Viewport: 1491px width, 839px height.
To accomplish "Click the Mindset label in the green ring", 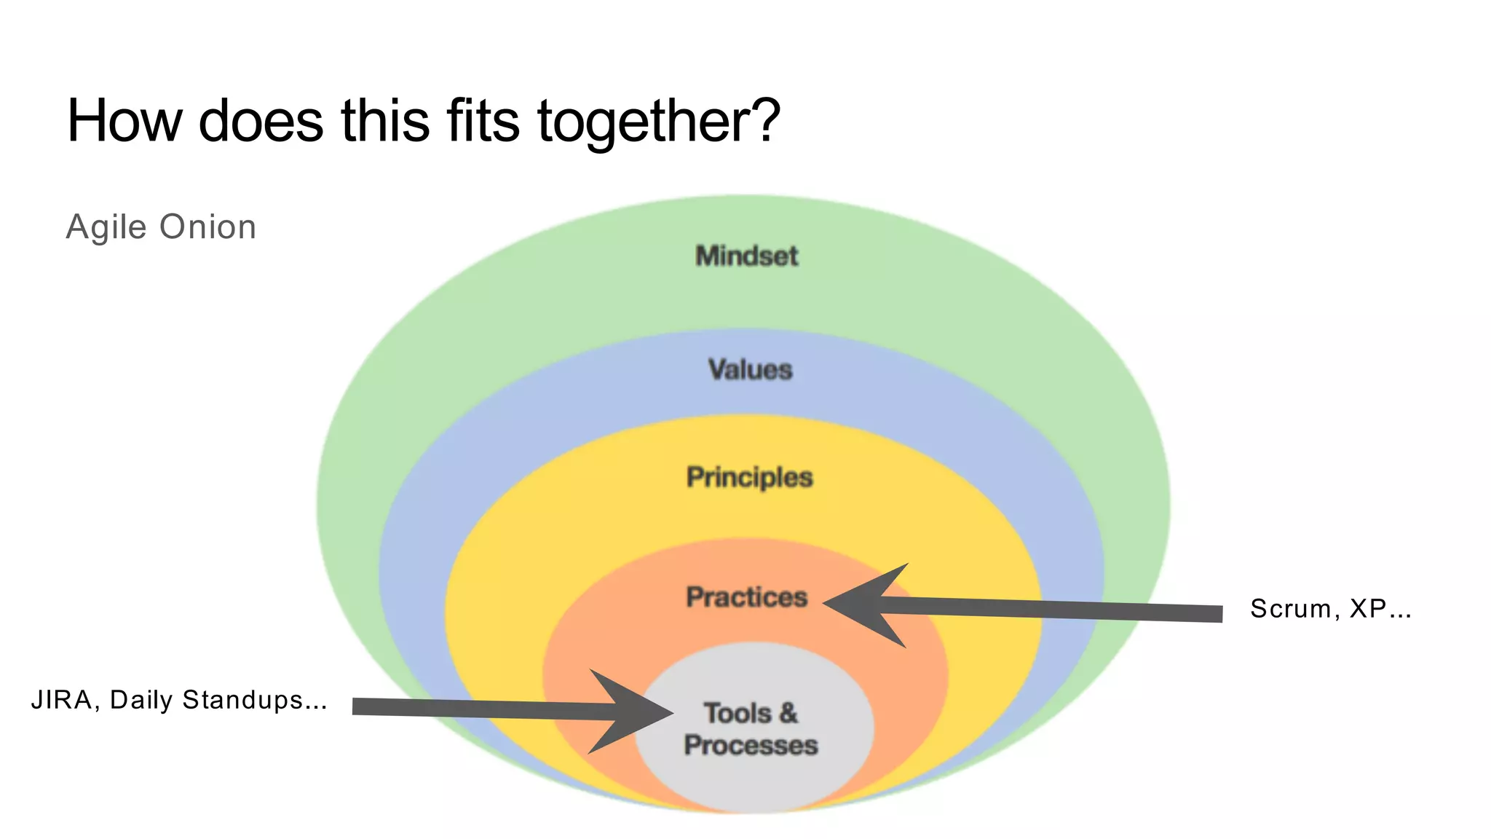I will pos(746,256).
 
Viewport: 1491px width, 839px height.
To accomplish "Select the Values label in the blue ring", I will pos(750,370).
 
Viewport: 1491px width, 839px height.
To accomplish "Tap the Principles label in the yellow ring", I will pos(749,478).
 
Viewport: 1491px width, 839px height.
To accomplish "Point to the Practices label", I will pos(746,597).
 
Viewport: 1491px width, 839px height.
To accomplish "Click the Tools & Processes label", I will pos(751,729).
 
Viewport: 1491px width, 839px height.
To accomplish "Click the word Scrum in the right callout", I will pos(1290,609).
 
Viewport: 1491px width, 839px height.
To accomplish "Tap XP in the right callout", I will pos(1367,609).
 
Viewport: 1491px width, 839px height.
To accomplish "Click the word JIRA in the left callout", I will pos(61,700).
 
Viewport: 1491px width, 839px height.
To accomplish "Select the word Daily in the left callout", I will pos(141,701).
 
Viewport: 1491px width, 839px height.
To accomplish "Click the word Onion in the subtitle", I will pos(207,227).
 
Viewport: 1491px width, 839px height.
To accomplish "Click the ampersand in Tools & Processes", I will pos(788,713).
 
